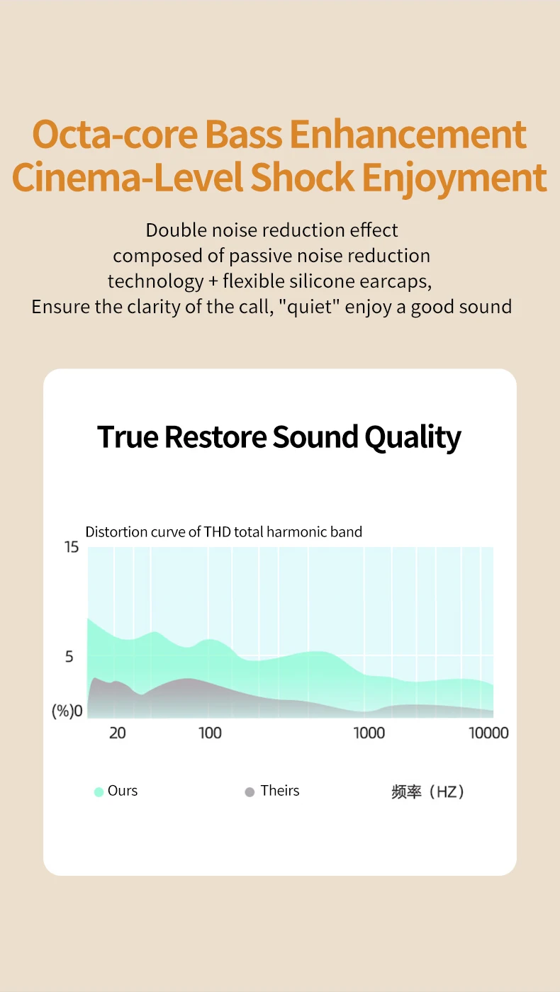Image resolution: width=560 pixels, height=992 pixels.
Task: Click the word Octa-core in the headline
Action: tap(115, 134)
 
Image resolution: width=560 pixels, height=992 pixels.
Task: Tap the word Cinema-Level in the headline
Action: tap(128, 177)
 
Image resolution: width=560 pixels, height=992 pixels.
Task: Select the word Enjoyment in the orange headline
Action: tap(454, 179)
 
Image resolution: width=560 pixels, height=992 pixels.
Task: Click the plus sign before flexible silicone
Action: tap(213, 281)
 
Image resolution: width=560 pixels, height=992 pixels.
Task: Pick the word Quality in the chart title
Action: tap(413, 438)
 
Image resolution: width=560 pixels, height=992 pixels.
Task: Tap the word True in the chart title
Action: tap(128, 437)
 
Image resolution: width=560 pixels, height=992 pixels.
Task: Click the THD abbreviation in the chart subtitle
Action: tap(218, 531)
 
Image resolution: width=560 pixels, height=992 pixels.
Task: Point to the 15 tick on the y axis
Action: tap(72, 547)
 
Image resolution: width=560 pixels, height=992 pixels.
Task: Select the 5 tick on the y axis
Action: tap(69, 656)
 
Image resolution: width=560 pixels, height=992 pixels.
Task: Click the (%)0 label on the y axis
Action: tap(67, 711)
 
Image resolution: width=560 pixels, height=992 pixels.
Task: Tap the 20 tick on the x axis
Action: tap(118, 733)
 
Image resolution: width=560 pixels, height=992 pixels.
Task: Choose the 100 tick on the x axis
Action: tap(210, 733)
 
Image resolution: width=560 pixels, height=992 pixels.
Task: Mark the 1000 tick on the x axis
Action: tap(369, 733)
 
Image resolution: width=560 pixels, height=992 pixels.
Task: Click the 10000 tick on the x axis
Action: tap(488, 733)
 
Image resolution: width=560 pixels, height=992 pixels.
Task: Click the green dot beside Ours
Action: tap(99, 791)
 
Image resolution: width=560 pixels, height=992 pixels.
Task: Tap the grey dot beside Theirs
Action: tap(250, 791)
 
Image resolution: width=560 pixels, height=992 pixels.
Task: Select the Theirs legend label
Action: tap(280, 791)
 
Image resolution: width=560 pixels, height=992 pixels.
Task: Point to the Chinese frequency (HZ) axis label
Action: tap(427, 791)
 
